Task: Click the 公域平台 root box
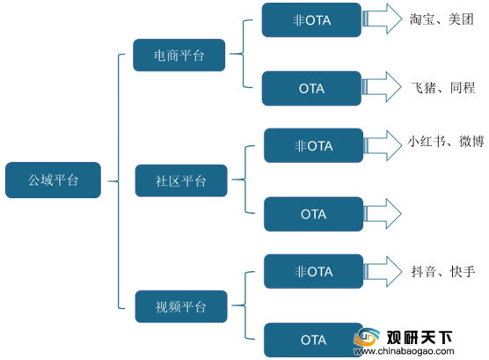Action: (x=53, y=180)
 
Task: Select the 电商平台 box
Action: (x=179, y=55)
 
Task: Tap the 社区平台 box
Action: (x=181, y=180)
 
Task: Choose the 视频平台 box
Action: (x=181, y=306)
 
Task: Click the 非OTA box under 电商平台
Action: (x=311, y=20)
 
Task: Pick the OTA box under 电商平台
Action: (x=311, y=88)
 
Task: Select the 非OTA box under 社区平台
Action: (x=313, y=145)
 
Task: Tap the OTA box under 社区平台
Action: (x=313, y=214)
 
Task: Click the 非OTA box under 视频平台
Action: (x=313, y=271)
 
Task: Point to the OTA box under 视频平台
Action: (x=313, y=340)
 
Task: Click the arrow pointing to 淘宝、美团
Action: (x=382, y=18)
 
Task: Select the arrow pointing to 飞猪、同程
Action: (x=382, y=87)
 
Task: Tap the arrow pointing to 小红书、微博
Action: (x=383, y=145)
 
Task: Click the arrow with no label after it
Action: (x=383, y=214)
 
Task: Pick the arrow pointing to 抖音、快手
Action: (x=383, y=272)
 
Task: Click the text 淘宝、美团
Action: (x=442, y=19)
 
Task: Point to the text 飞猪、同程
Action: (x=443, y=88)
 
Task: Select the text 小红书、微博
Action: (x=446, y=142)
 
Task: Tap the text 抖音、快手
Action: (x=443, y=271)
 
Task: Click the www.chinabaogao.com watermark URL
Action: (x=404, y=351)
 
